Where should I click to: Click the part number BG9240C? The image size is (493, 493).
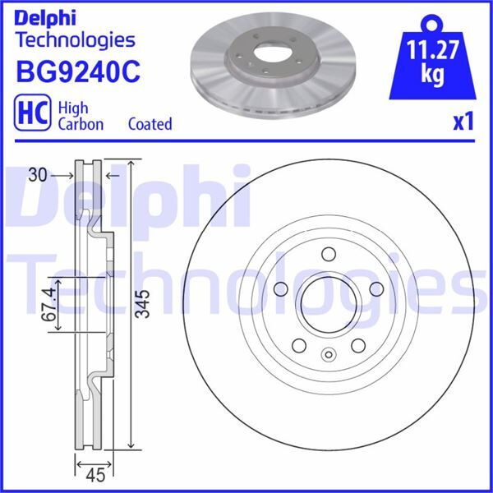click(x=77, y=71)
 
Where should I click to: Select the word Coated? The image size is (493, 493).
click(x=150, y=124)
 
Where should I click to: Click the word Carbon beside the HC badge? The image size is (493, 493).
click(x=80, y=124)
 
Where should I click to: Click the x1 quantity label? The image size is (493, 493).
click(x=463, y=122)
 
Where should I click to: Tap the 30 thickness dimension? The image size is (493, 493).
click(x=34, y=175)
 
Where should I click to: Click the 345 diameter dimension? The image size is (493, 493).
click(x=142, y=306)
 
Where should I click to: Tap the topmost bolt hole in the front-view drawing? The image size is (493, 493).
click(x=328, y=254)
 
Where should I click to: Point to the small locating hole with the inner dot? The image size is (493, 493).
click(x=328, y=355)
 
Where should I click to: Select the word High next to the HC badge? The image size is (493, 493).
click(x=71, y=107)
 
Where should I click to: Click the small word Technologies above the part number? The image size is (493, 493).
click(x=75, y=39)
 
